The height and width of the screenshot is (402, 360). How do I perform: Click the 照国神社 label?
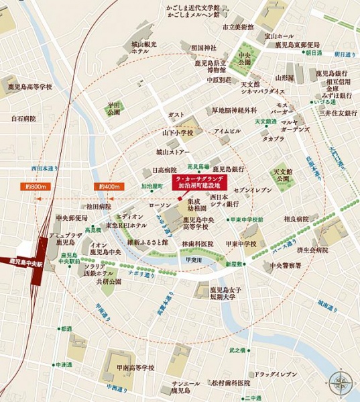(203, 48)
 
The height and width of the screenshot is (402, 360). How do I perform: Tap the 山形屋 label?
(288, 78)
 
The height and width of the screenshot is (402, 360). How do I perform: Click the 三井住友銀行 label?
(337, 113)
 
